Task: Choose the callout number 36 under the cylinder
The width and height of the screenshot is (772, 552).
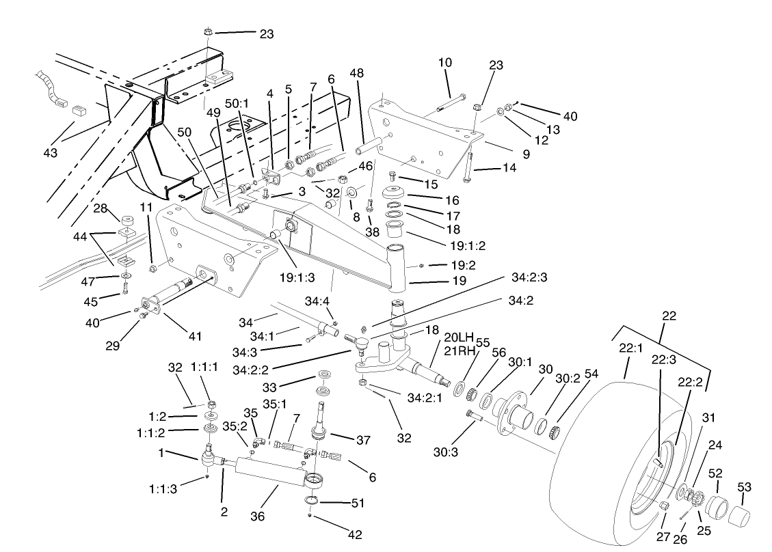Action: [257, 517]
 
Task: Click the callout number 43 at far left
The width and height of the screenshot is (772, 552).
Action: [51, 152]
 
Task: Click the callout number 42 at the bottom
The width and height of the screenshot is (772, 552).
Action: [355, 534]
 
